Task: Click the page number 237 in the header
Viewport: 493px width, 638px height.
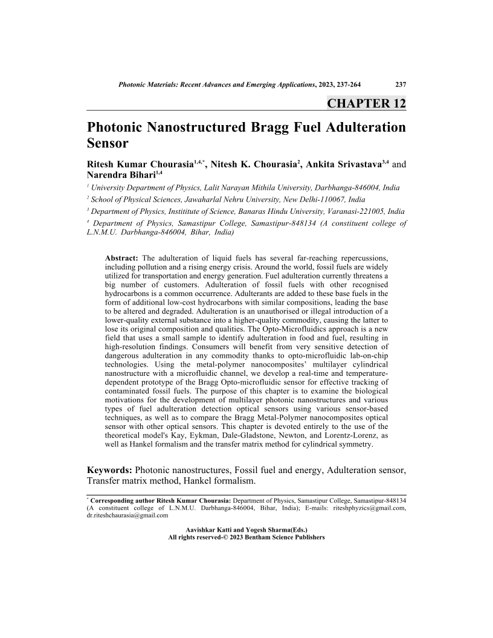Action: click(x=399, y=83)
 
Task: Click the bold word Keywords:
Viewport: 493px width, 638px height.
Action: click(x=110, y=469)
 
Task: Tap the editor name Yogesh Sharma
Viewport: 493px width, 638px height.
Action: click(x=271, y=529)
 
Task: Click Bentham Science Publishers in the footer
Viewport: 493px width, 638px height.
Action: click(x=282, y=536)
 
